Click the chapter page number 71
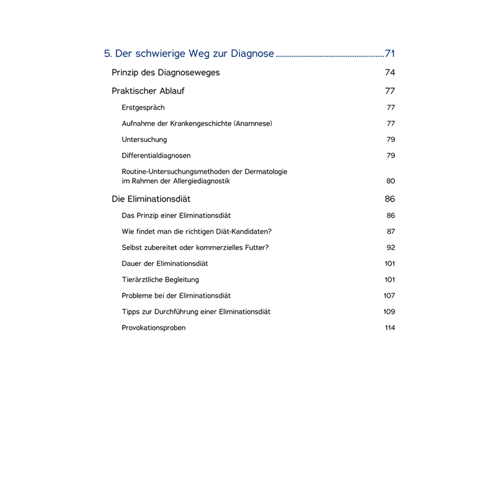(x=390, y=53)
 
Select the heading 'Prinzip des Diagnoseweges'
(x=166, y=73)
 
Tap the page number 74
(x=390, y=73)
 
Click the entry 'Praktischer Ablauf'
(x=148, y=91)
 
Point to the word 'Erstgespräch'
(x=143, y=108)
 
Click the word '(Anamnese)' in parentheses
(x=253, y=123)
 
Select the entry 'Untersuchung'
(x=144, y=139)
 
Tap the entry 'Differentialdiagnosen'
(x=156, y=156)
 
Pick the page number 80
(x=391, y=181)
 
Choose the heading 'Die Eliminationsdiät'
(x=151, y=199)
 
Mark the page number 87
(x=391, y=231)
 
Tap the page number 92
(x=391, y=247)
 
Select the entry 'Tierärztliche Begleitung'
(x=161, y=280)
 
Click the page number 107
(x=389, y=296)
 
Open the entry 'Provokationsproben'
(x=154, y=328)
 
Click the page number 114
(x=390, y=328)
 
